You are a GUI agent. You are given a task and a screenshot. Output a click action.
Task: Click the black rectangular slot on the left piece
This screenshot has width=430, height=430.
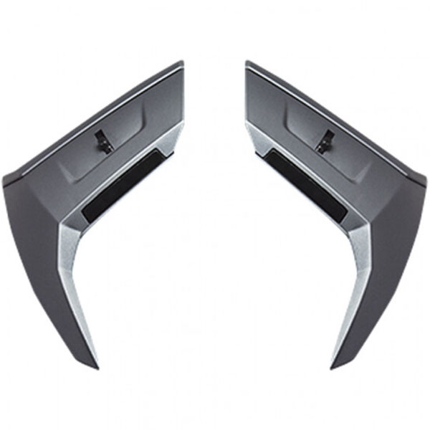[x=122, y=188]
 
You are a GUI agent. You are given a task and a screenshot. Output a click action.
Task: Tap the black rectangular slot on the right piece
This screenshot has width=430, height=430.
[x=307, y=188]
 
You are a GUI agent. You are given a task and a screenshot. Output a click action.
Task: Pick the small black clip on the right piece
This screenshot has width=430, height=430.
[x=325, y=140]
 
